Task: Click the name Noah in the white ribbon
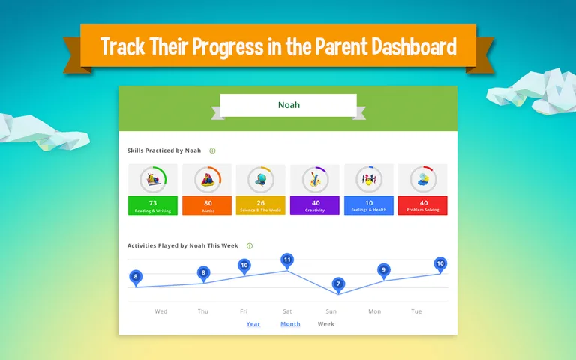pyautogui.click(x=289, y=105)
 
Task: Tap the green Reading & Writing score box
pyautogui.click(x=152, y=205)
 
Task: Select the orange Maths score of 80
pyautogui.click(x=208, y=205)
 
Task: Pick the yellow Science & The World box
pyautogui.click(x=260, y=205)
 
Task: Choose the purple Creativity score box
pyautogui.click(x=315, y=205)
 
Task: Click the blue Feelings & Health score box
pyautogui.click(x=369, y=205)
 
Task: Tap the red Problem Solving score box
pyautogui.click(x=423, y=205)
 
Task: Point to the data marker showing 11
pyautogui.click(x=286, y=260)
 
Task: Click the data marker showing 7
pyautogui.click(x=338, y=283)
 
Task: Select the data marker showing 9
pyautogui.click(x=384, y=269)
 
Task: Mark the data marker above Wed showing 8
pyautogui.click(x=136, y=277)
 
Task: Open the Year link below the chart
pyautogui.click(x=253, y=324)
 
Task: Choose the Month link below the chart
pyautogui.click(x=290, y=324)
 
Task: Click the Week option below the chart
pyautogui.click(x=325, y=324)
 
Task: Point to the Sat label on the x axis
pyautogui.click(x=287, y=311)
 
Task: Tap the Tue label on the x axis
pyautogui.click(x=416, y=311)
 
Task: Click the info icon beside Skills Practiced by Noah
pyautogui.click(x=212, y=151)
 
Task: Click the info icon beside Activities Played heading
pyautogui.click(x=250, y=245)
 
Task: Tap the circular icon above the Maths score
pyautogui.click(x=208, y=179)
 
